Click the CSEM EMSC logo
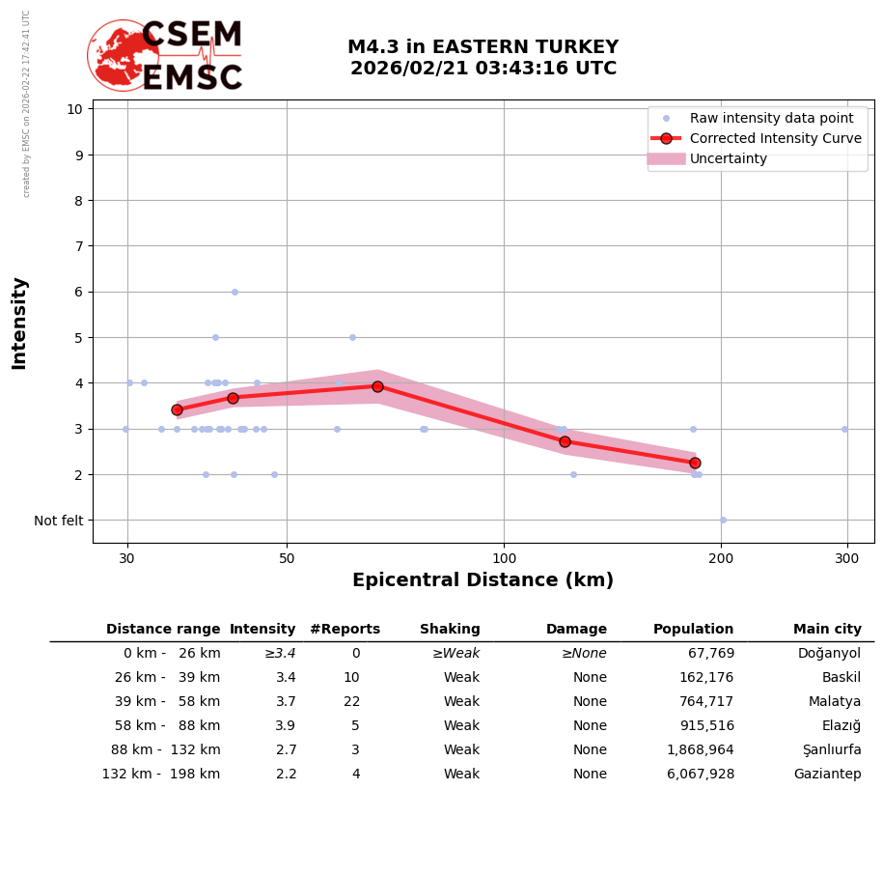pyautogui.click(x=166, y=56)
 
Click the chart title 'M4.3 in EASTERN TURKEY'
pyautogui.click(x=483, y=48)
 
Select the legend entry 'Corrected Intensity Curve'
pyautogui.click(x=775, y=138)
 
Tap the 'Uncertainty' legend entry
pyautogui.click(x=728, y=158)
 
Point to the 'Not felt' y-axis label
pyautogui.click(x=59, y=521)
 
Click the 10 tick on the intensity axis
pyautogui.click(x=74, y=108)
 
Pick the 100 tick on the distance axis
pyautogui.click(x=504, y=558)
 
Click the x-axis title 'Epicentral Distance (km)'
pyautogui.click(x=483, y=580)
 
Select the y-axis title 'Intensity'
pyautogui.click(x=19, y=323)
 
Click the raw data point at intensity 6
pyautogui.click(x=235, y=292)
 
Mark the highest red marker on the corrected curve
pyautogui.click(x=377, y=386)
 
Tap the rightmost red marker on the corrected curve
pyautogui.click(x=695, y=463)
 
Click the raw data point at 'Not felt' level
pyautogui.click(x=723, y=520)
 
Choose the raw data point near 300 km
pyautogui.click(x=844, y=429)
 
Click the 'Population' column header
pyautogui.click(x=693, y=630)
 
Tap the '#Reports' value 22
pyautogui.click(x=351, y=702)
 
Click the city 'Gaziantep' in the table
pyautogui.click(x=827, y=775)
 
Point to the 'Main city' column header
pyautogui.click(x=827, y=630)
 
